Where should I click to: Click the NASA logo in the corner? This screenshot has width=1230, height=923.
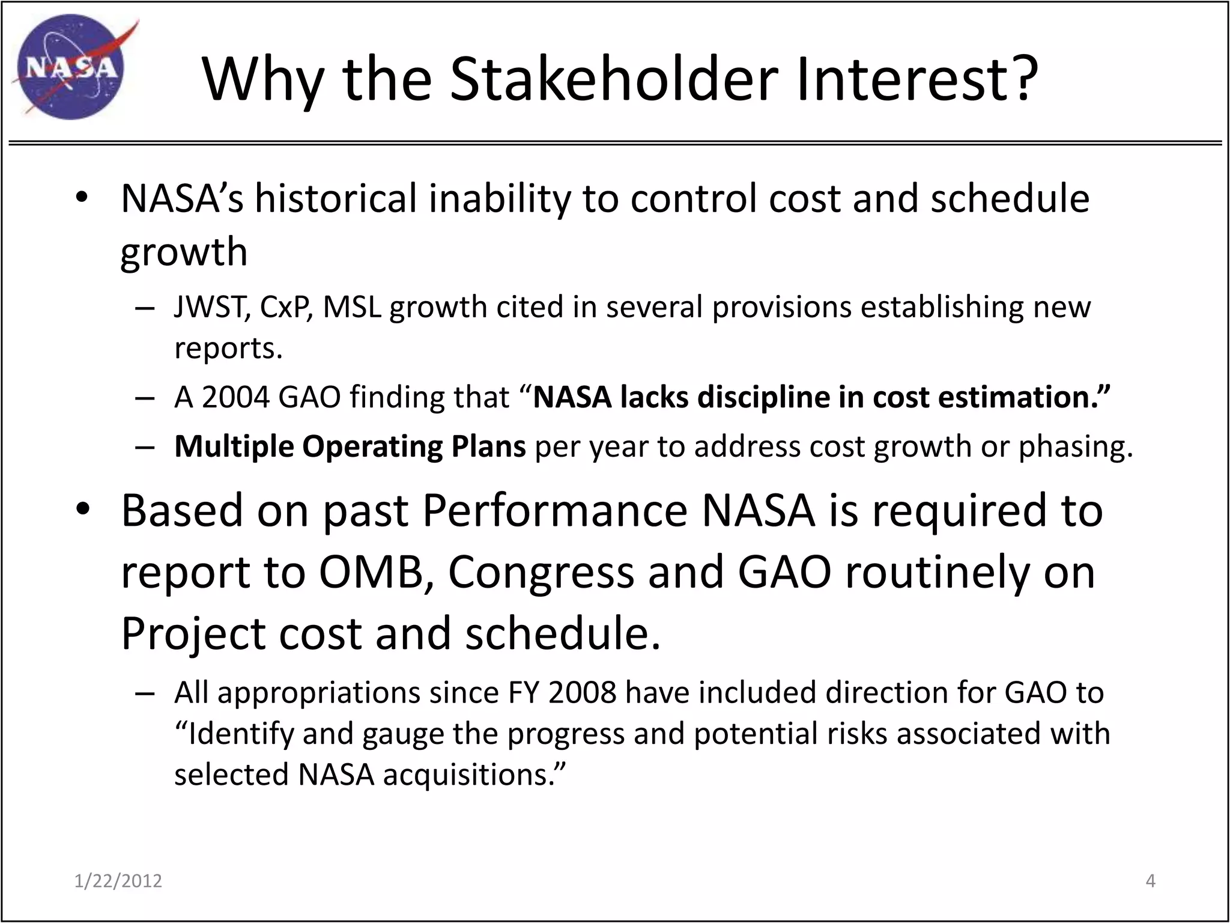pos(71,67)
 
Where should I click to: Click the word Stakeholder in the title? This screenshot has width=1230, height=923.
pos(614,79)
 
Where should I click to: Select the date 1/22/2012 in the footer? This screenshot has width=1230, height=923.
pos(118,881)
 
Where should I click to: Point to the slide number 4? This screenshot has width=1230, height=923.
pos(1150,881)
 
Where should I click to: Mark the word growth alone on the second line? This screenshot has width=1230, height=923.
pos(184,252)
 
